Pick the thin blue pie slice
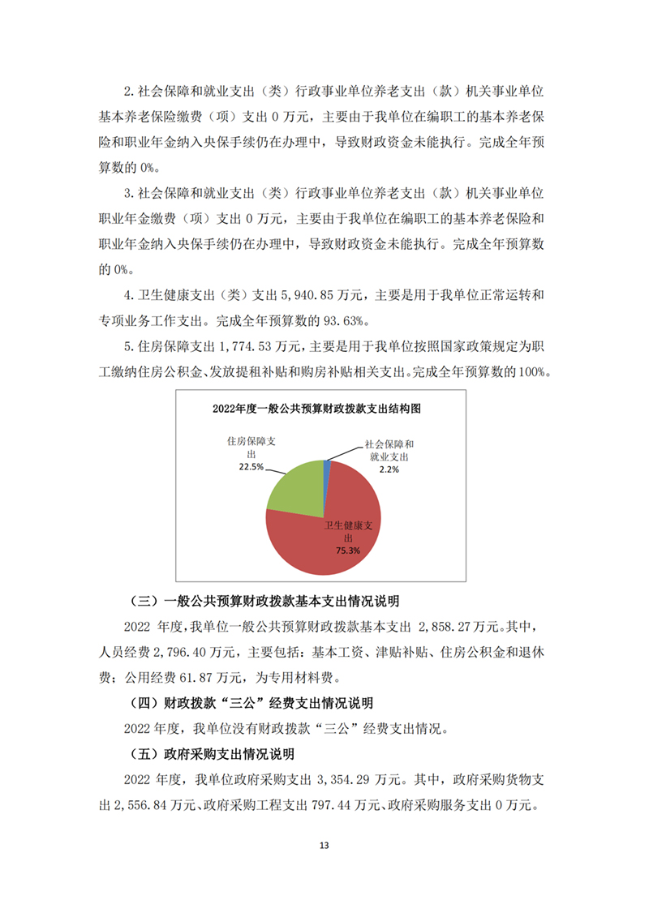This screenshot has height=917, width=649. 328,464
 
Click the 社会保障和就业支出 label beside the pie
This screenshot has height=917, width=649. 390,451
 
